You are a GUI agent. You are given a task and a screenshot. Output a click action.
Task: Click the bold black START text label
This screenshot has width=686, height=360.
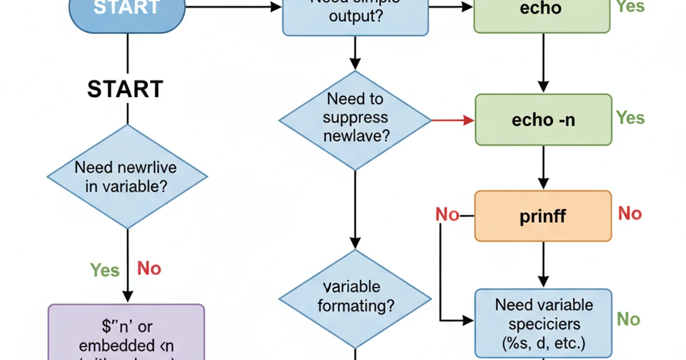(x=125, y=90)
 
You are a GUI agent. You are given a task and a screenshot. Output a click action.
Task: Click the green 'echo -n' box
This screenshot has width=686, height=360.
(x=543, y=119)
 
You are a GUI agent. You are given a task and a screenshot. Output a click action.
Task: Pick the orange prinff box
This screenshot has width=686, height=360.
(x=543, y=215)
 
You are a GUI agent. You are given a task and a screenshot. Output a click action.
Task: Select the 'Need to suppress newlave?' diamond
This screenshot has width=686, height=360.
(x=355, y=120)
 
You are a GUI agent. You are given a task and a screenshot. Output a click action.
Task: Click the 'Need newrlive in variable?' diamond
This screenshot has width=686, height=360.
(x=126, y=177)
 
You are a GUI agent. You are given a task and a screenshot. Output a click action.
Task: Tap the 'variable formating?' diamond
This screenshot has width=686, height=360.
(x=355, y=297)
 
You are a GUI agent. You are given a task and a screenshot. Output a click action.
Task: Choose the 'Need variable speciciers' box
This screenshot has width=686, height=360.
(x=544, y=323)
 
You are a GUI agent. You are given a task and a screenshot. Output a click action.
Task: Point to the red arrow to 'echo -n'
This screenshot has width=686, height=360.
(x=453, y=120)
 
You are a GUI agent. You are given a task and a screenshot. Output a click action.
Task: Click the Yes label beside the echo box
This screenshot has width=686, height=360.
(x=631, y=7)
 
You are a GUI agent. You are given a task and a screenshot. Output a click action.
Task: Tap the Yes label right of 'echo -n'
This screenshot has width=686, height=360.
(x=631, y=118)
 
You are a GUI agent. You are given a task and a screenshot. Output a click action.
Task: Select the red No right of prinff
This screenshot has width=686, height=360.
(x=630, y=214)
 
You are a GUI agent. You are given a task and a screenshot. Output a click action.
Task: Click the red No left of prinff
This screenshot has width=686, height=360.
(x=447, y=215)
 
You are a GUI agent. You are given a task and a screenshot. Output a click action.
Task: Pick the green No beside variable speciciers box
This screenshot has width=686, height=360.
(x=629, y=319)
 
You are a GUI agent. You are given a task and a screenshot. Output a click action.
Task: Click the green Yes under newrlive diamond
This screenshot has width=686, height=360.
(x=105, y=269)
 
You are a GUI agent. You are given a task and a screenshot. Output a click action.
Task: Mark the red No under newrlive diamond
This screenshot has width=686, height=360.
(x=149, y=268)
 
